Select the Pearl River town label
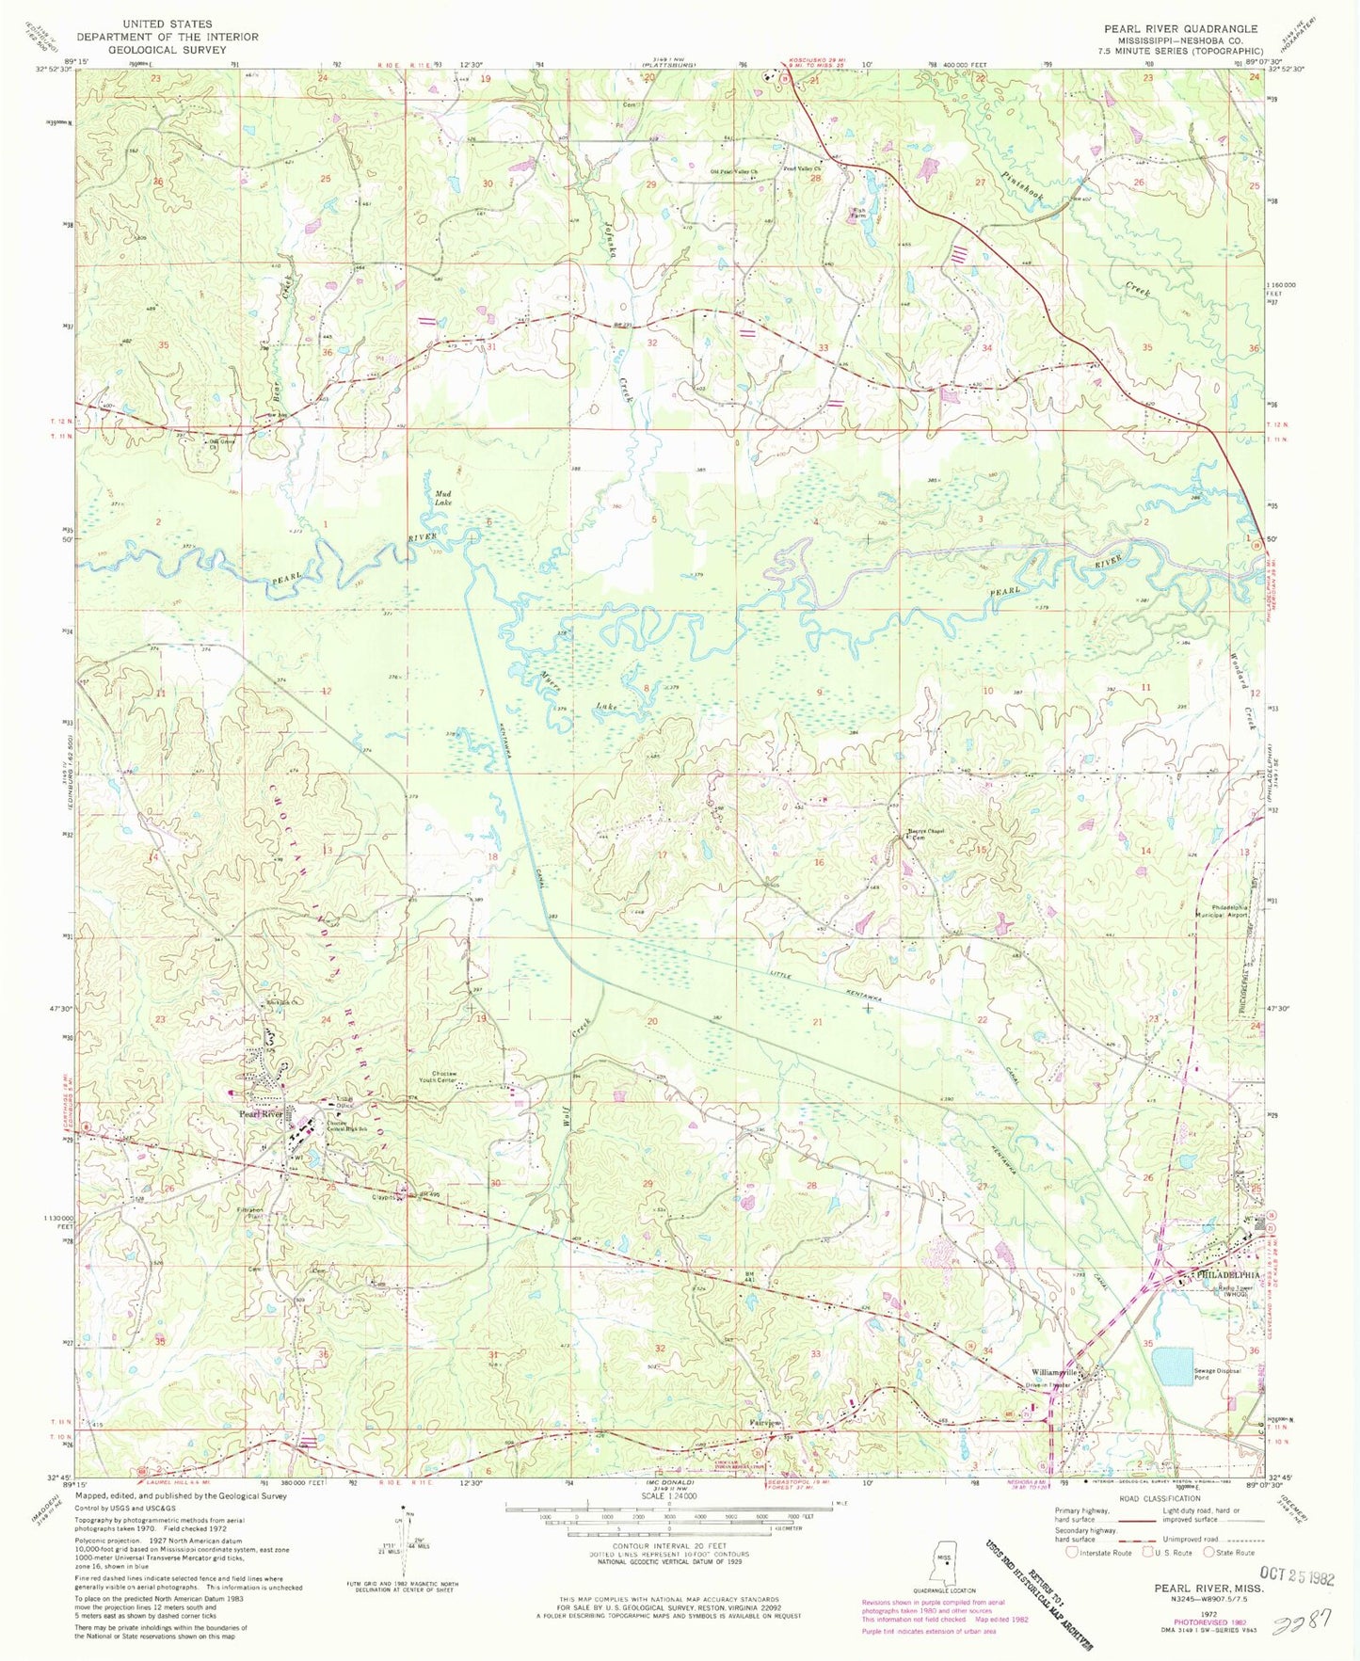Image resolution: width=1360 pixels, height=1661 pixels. (261, 1114)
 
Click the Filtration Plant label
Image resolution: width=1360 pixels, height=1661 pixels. (249, 1213)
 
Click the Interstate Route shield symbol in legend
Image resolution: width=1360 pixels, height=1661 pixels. (1074, 1553)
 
